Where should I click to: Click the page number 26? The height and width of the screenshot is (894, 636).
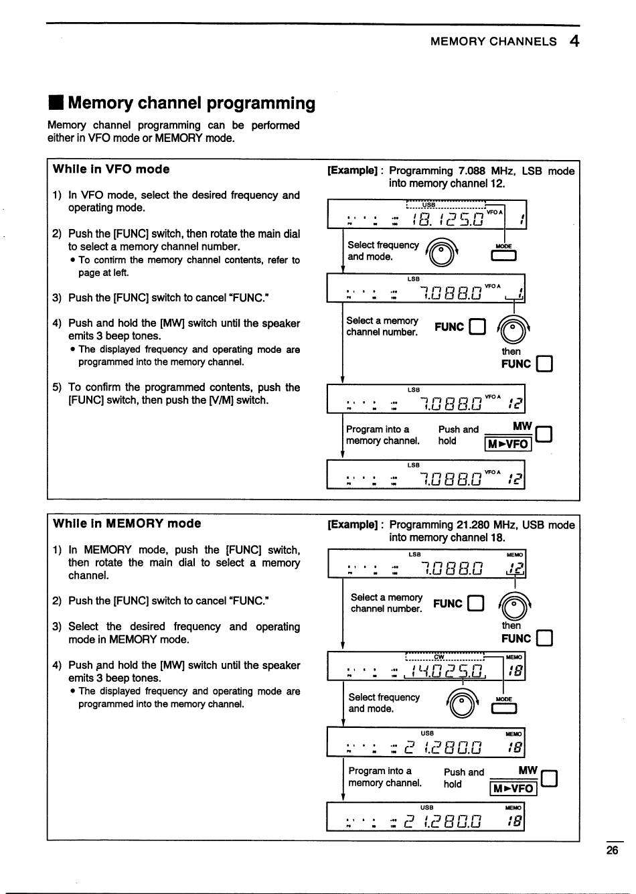click(x=612, y=850)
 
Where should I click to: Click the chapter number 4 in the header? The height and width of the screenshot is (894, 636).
click(x=574, y=41)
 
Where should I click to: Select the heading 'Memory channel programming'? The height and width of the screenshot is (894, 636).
click(x=191, y=103)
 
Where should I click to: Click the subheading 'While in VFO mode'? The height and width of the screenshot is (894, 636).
click(x=111, y=169)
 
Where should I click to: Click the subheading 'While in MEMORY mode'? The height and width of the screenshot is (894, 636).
click(x=127, y=524)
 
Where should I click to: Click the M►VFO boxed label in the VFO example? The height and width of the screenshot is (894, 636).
click(x=508, y=444)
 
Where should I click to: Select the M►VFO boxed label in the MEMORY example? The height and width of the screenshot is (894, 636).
click(x=513, y=788)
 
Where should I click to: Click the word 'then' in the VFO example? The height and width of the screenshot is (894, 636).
click(x=511, y=351)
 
